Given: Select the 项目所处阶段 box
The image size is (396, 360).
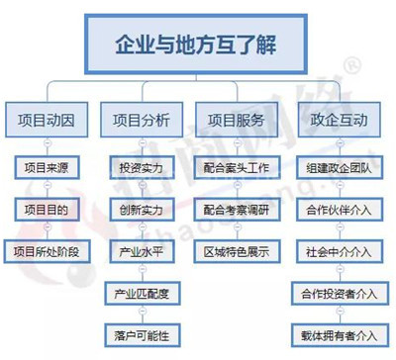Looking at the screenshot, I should (x=49, y=250).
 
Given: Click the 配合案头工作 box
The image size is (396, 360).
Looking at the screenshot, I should (x=239, y=167).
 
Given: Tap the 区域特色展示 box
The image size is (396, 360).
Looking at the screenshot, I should (x=239, y=250).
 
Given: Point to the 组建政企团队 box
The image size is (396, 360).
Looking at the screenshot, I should (x=340, y=167).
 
